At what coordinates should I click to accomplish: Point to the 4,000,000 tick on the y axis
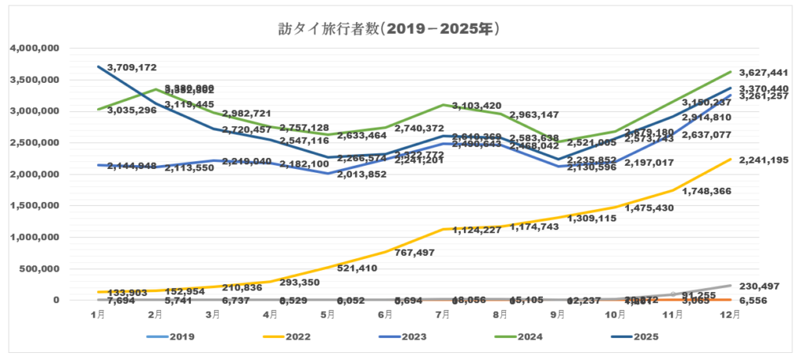(x=35, y=49)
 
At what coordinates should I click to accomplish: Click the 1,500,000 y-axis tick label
(x=35, y=206)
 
